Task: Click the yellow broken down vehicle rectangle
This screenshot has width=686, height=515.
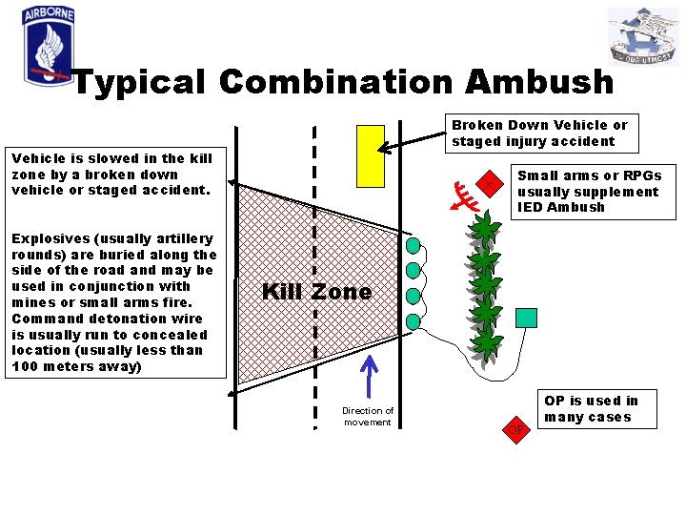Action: coord(370,155)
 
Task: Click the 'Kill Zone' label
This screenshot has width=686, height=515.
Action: coord(316,292)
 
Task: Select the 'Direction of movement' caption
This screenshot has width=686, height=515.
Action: coord(368,416)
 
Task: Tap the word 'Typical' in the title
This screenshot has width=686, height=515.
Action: coord(139,82)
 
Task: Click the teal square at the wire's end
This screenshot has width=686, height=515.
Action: coord(526,319)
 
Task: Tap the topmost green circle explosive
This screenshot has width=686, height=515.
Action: coord(413,245)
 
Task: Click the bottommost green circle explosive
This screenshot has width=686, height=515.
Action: coord(413,321)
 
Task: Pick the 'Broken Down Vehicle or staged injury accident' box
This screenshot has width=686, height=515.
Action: coord(539,134)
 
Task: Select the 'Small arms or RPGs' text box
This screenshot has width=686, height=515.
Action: coord(587,191)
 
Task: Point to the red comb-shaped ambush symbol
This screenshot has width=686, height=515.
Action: coord(466,196)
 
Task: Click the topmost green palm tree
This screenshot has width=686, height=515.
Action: coord(485,228)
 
